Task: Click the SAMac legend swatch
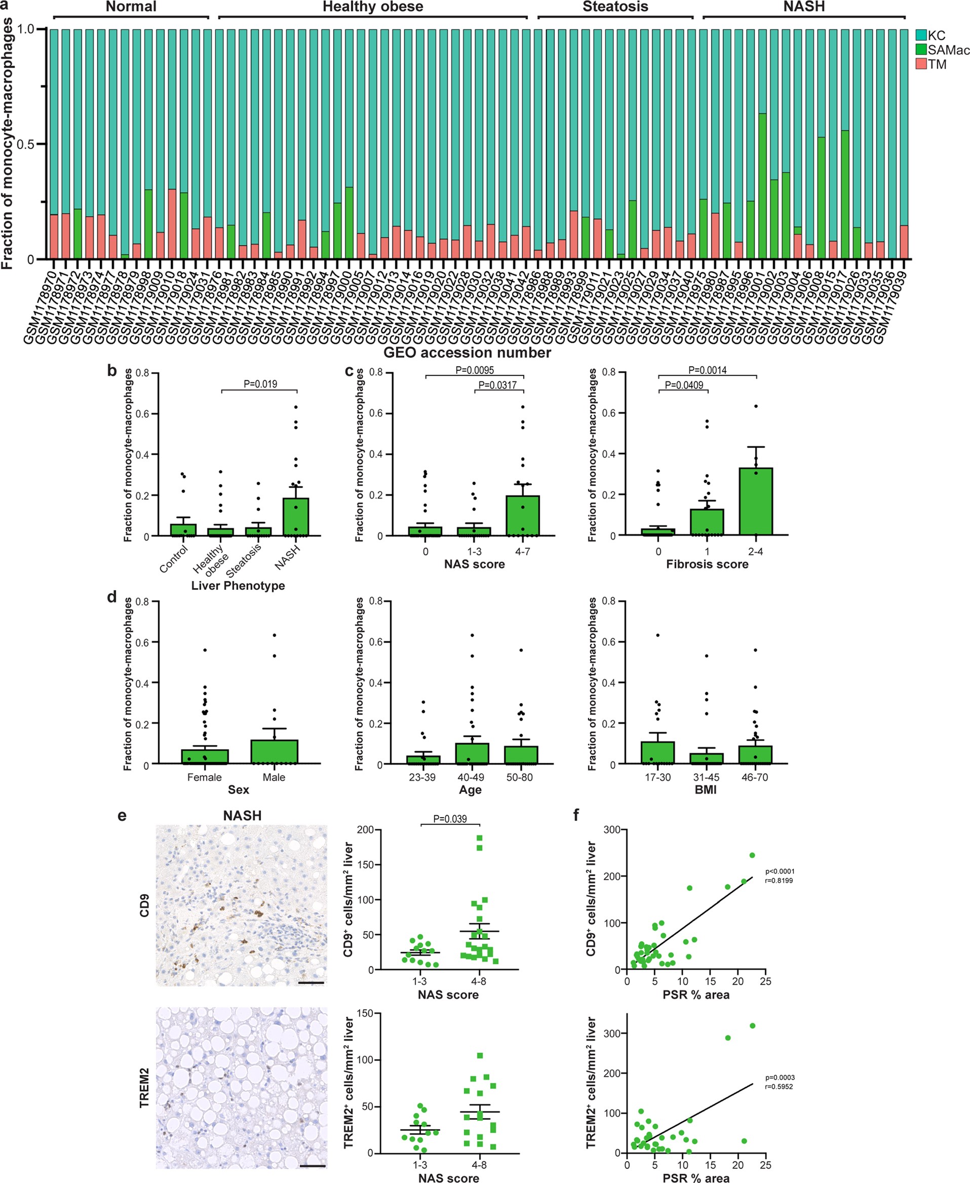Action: pyautogui.click(x=921, y=50)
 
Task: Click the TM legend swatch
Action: pyautogui.click(x=921, y=64)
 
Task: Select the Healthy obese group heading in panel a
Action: pyautogui.click(x=373, y=7)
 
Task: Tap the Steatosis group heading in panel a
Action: pyautogui.click(x=615, y=7)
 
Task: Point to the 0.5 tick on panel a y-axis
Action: pyautogui.click(x=25, y=144)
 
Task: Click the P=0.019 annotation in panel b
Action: pyautogui.click(x=260, y=384)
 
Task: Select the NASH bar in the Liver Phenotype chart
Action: pyautogui.click(x=296, y=517)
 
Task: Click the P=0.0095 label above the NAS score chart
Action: pyautogui.click(x=475, y=370)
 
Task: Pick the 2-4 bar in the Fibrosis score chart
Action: pyautogui.click(x=755, y=501)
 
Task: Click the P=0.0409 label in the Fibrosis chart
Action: pyautogui.click(x=684, y=385)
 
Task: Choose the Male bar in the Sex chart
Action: pyautogui.click(x=274, y=752)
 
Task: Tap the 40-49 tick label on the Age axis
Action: pyautogui.click(x=471, y=777)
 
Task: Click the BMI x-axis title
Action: pyautogui.click(x=706, y=790)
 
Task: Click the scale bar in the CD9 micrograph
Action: pyautogui.click(x=315, y=982)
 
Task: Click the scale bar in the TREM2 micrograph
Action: pyautogui.click(x=316, y=1166)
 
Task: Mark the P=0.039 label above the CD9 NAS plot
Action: pyautogui.click(x=450, y=819)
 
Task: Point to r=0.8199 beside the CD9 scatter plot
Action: pyautogui.click(x=779, y=881)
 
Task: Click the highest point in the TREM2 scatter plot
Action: pyautogui.click(x=752, y=1026)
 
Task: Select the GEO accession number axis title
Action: pyautogui.click(x=467, y=353)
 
